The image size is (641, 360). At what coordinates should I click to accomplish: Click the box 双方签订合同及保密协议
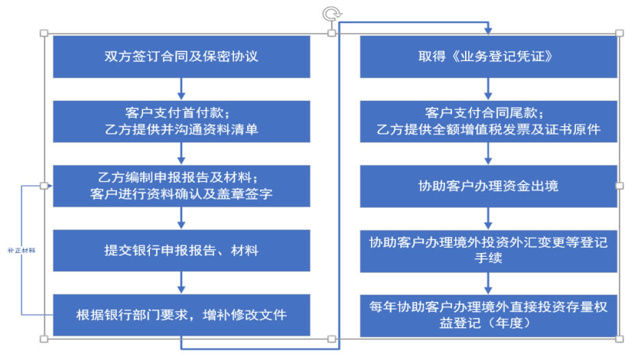pos(181,57)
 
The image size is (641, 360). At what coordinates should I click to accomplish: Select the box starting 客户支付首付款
pos(181,121)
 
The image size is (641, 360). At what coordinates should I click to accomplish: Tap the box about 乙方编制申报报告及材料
pos(181,185)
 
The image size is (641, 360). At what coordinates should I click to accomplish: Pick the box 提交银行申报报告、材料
pos(181,250)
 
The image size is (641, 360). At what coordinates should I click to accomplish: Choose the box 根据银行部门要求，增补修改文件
pos(181,314)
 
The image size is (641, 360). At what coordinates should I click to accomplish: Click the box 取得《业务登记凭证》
pos(488,57)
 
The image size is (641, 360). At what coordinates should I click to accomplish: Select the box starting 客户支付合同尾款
pos(488,121)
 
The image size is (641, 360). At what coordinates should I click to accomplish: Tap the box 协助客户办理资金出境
pos(488,185)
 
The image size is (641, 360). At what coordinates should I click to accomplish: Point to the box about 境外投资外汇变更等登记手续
pos(488,250)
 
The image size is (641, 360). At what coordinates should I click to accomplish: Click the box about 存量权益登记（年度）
pos(488,314)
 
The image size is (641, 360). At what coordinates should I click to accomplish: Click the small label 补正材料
pos(22,250)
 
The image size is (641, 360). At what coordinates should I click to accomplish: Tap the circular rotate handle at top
pos(330,13)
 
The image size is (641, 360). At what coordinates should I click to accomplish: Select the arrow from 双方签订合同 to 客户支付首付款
pos(181,89)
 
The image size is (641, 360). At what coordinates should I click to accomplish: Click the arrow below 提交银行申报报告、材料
pos(181,282)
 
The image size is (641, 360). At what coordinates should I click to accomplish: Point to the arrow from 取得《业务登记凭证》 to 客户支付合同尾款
pos(488,89)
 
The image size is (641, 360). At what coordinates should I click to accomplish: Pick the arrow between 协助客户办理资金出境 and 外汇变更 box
pos(488,218)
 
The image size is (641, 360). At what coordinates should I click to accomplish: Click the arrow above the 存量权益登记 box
pos(488,282)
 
